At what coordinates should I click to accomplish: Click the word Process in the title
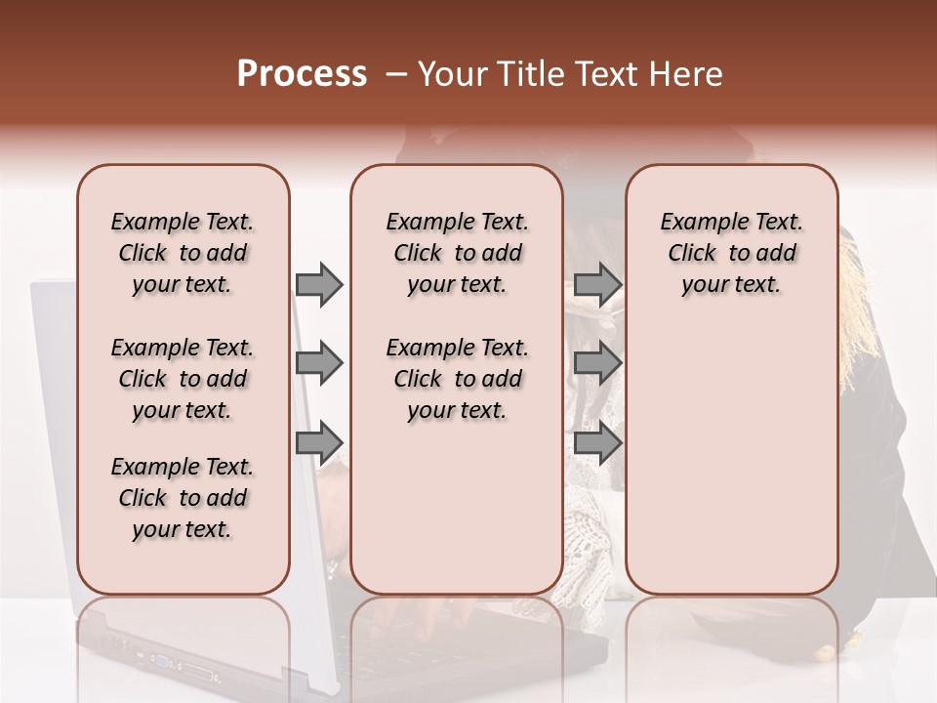[x=302, y=74]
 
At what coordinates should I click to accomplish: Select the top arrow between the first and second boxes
[x=319, y=284]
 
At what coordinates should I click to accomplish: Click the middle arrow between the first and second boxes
[x=319, y=364]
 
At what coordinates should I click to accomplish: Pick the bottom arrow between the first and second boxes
[x=319, y=443]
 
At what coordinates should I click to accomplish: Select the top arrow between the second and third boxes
[x=597, y=284]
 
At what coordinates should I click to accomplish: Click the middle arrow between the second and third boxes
[x=597, y=364]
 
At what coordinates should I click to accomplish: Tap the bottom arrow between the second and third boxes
[x=597, y=443]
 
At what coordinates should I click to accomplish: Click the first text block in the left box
[x=183, y=253]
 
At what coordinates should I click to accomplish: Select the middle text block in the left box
[x=183, y=379]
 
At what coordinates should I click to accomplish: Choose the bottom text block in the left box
[x=183, y=498]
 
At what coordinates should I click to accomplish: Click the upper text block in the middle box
[x=457, y=253]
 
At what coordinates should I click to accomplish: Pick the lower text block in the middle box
[x=457, y=379]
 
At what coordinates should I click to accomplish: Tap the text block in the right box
[x=731, y=253]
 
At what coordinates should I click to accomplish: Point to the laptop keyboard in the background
[x=439, y=625]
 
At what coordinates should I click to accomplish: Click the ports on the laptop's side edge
[x=185, y=668]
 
